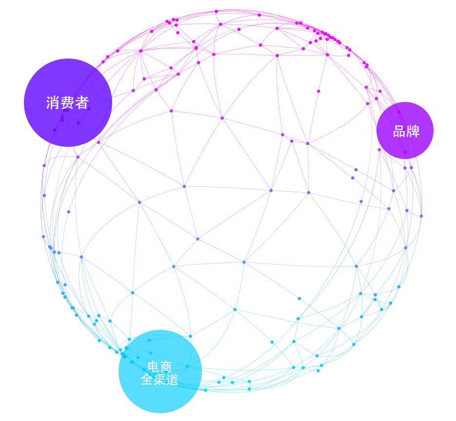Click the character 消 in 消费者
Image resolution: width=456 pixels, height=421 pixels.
[53, 103]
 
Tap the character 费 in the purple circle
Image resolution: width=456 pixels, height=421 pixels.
[67, 103]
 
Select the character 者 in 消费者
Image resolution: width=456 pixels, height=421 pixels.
[82, 103]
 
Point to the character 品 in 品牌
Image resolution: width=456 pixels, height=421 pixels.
[399, 132]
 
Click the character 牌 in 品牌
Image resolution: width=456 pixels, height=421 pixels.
[413, 132]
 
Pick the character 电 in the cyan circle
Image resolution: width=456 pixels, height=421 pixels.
[153, 367]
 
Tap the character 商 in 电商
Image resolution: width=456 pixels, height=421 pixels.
[166, 367]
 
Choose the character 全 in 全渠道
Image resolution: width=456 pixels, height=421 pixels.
[147, 380]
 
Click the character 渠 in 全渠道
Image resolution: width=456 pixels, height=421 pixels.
[159, 380]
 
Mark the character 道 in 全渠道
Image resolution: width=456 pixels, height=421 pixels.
[172, 380]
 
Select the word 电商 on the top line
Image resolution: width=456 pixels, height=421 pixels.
[159, 367]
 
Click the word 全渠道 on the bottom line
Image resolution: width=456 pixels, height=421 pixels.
[159, 380]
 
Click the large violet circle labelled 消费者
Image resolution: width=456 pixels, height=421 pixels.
[68, 103]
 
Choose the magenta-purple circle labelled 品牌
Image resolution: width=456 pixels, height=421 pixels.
[405, 130]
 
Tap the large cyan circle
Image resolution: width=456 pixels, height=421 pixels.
[160, 371]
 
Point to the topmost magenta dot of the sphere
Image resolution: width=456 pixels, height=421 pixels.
[217, 11]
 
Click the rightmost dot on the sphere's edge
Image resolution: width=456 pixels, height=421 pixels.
[421, 216]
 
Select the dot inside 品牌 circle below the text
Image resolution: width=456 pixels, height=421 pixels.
[405, 152]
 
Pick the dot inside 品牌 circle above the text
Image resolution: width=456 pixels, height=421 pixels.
[399, 112]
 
